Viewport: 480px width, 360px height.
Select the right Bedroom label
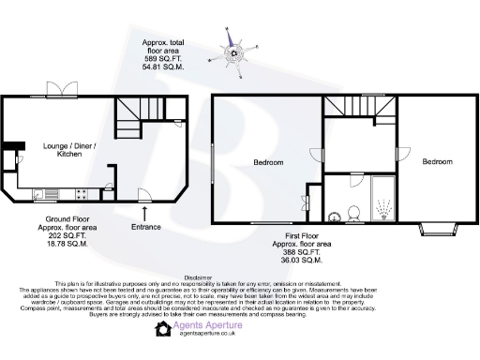(x=436, y=162)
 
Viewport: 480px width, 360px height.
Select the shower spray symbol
(x=382, y=202)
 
